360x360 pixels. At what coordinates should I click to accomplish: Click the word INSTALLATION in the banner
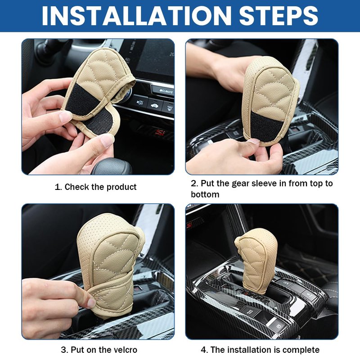(136, 16)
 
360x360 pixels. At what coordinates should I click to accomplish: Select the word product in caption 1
(121, 187)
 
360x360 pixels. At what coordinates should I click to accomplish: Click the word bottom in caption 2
(205, 194)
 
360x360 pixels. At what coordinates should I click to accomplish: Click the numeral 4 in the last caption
(204, 350)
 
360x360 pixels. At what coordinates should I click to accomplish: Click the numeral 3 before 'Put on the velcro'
(63, 350)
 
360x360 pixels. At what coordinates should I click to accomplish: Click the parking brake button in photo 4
(278, 326)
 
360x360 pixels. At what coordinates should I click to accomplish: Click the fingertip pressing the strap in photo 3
(92, 303)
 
